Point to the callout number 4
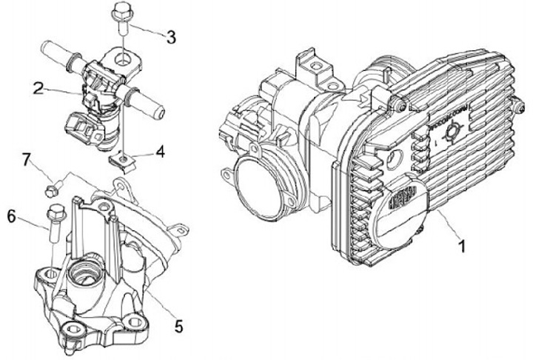click(x=160, y=154)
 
